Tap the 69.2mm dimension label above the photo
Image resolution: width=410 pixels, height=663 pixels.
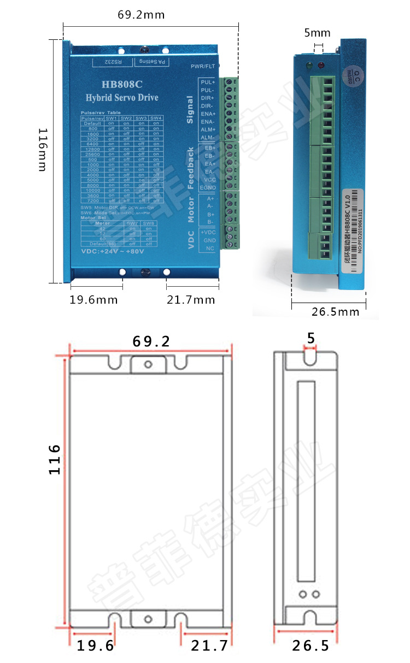[141, 15]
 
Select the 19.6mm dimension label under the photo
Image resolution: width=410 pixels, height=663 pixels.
[93, 300]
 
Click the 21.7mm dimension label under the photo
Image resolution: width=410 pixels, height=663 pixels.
[191, 300]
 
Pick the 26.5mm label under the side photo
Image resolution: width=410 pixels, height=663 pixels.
[336, 312]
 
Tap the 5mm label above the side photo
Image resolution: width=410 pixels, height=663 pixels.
[317, 33]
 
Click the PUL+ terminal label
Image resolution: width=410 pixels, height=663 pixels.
[208, 82]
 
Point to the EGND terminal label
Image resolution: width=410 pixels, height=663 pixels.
[208, 188]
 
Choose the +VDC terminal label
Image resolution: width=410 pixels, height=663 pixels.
[208, 232]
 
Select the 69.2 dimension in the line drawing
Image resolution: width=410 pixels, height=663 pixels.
[151, 341]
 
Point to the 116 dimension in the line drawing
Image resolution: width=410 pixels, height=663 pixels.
[54, 459]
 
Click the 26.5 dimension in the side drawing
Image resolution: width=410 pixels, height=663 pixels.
[311, 646]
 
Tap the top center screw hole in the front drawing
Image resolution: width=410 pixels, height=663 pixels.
[148, 364]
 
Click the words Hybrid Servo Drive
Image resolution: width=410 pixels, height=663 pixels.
[122, 98]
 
